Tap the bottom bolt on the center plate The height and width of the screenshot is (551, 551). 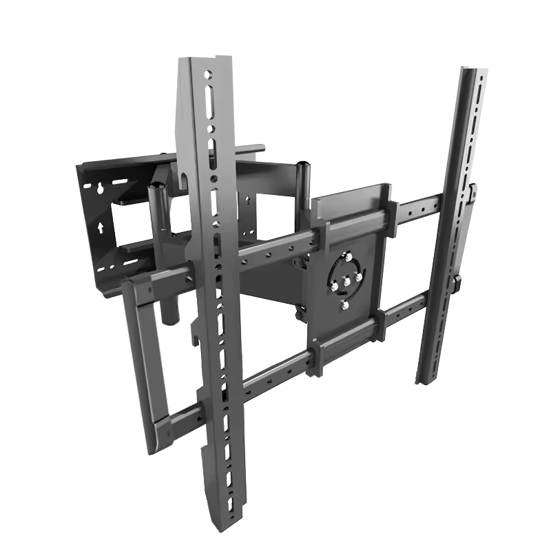point(346,304)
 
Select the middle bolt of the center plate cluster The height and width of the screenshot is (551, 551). point(347,280)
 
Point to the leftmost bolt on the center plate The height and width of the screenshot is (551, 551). point(335,284)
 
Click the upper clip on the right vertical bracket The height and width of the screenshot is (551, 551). point(474,194)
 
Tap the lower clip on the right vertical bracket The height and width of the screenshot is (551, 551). point(457,284)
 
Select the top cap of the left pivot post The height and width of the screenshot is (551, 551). point(156,185)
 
